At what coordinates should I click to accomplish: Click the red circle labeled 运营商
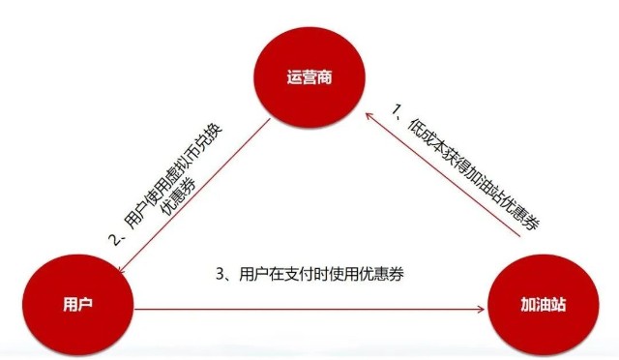[x=309, y=76]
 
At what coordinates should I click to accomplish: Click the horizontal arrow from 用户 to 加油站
[x=309, y=310]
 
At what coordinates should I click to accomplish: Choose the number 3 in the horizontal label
[x=219, y=275]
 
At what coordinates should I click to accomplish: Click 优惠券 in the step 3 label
[x=383, y=275]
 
